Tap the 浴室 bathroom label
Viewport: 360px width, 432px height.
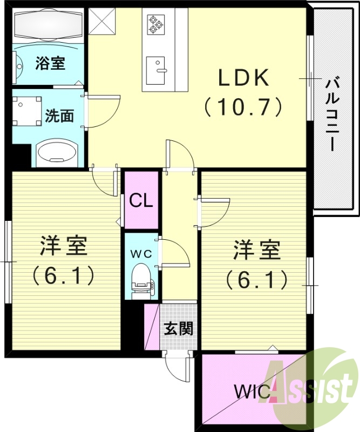(x=50, y=63)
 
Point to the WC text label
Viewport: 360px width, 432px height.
(x=142, y=253)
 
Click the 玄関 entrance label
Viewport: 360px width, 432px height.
(x=179, y=328)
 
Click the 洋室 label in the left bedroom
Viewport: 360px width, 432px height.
(x=64, y=247)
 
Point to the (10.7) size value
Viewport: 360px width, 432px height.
(x=243, y=106)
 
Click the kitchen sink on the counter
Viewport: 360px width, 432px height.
(x=158, y=70)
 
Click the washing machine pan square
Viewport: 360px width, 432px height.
(x=27, y=111)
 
